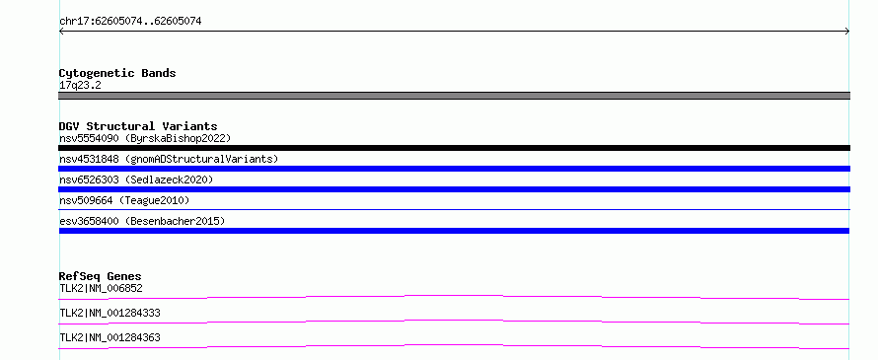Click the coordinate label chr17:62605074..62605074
point(130,22)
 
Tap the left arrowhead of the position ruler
point(60,32)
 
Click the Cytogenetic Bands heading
point(117,73)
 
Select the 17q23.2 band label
point(80,86)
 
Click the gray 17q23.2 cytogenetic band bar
point(454,96)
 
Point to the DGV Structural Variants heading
point(138,126)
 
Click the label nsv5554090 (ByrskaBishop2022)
point(145,138)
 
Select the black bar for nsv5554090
point(454,148)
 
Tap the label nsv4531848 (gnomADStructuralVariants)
point(169,159)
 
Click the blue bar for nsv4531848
point(454,169)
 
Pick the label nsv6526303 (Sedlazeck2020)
point(136,180)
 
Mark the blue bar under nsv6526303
point(454,189)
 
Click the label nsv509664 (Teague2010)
point(124,200)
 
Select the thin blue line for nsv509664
point(454,209)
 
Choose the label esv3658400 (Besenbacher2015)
point(142,221)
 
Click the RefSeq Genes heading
point(101,276)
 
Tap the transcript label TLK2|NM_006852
point(101,288)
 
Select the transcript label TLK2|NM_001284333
point(110,313)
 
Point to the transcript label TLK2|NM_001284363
point(110,337)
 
